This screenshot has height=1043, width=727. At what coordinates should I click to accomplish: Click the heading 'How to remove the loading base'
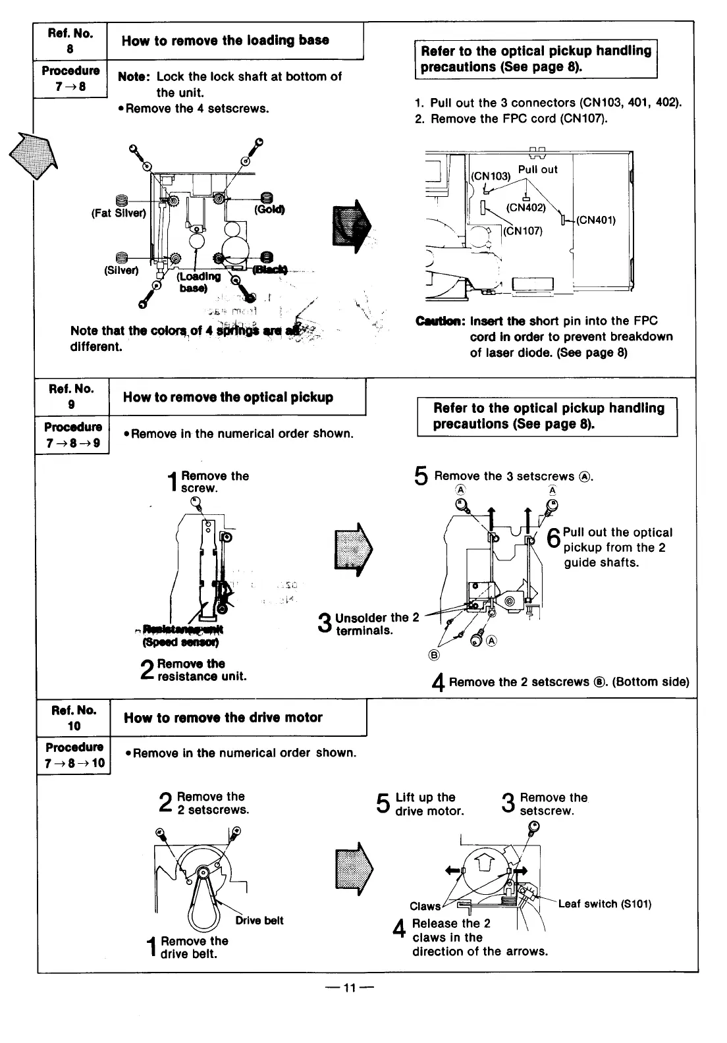[x=225, y=41]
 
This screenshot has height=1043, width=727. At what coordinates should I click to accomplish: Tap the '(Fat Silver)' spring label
[x=118, y=213]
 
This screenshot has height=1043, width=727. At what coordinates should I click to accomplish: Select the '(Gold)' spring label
[x=269, y=209]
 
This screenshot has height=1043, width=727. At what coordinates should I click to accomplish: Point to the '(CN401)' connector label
[x=595, y=220]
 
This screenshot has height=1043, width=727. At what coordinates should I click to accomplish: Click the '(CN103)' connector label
[x=491, y=176]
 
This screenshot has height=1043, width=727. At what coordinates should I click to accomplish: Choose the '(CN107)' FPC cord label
[x=523, y=230]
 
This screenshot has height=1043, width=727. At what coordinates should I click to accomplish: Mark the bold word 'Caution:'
[x=441, y=321]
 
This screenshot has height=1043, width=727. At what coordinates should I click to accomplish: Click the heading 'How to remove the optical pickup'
[x=228, y=397]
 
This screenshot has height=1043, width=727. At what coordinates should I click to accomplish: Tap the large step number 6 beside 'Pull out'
[x=554, y=541]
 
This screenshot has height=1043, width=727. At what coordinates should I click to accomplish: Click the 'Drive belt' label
[x=259, y=921]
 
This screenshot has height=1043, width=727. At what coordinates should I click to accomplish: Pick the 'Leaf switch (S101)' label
[x=605, y=904]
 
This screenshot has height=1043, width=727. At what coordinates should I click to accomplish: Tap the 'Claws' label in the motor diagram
[x=425, y=906]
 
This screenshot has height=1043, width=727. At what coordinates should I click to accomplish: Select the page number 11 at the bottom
[x=349, y=988]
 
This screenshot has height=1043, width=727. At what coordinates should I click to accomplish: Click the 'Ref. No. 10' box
[x=74, y=718]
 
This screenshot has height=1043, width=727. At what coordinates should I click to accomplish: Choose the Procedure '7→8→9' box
[x=72, y=435]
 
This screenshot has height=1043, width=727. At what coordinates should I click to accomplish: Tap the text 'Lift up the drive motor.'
[x=429, y=804]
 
